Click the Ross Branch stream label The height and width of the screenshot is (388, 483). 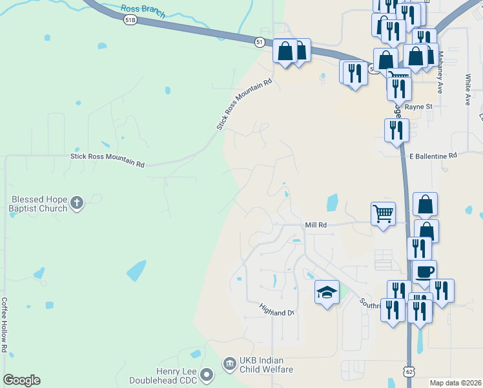pyautogui.click(x=143, y=11)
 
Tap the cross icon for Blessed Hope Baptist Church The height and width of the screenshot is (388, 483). pyautogui.click(x=77, y=203)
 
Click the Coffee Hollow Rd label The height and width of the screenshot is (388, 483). pyautogui.click(x=5, y=324)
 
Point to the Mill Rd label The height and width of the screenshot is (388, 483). pyautogui.click(x=316, y=224)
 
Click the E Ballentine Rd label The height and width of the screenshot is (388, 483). pyautogui.click(x=433, y=155)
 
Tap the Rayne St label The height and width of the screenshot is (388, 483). pyautogui.click(x=420, y=106)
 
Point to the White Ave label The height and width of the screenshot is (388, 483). pyautogui.click(x=469, y=90)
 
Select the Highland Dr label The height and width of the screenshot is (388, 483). pyautogui.click(x=277, y=312)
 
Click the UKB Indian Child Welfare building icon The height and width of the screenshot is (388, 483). pyautogui.click(x=229, y=364)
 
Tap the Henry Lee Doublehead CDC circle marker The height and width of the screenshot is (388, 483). pyautogui.click(x=207, y=374)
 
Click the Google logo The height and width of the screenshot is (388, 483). pyautogui.click(x=21, y=380)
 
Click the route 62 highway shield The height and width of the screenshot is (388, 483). pyautogui.click(x=409, y=372)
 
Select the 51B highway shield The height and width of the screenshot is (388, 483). pyautogui.click(x=130, y=20)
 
